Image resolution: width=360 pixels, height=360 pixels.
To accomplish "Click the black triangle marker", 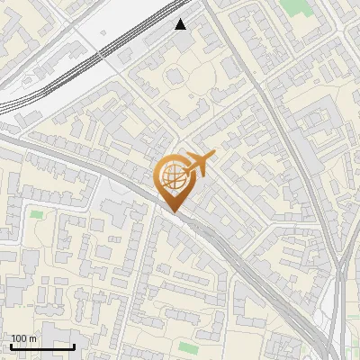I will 181,24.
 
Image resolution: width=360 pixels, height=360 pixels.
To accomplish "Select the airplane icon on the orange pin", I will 201,163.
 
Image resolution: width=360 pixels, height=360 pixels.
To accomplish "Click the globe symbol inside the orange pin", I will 174,177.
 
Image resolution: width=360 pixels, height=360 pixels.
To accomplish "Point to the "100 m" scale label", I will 23,338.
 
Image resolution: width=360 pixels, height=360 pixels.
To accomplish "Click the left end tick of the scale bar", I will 10,345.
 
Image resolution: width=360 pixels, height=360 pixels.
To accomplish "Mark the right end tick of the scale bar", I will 75,345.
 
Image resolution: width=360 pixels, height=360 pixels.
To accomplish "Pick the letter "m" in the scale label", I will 33,338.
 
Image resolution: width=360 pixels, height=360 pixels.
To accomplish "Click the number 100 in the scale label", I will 18,338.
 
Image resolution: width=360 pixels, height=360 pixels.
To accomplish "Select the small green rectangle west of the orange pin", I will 36,214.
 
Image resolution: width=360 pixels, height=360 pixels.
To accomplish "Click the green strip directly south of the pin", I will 187,347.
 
